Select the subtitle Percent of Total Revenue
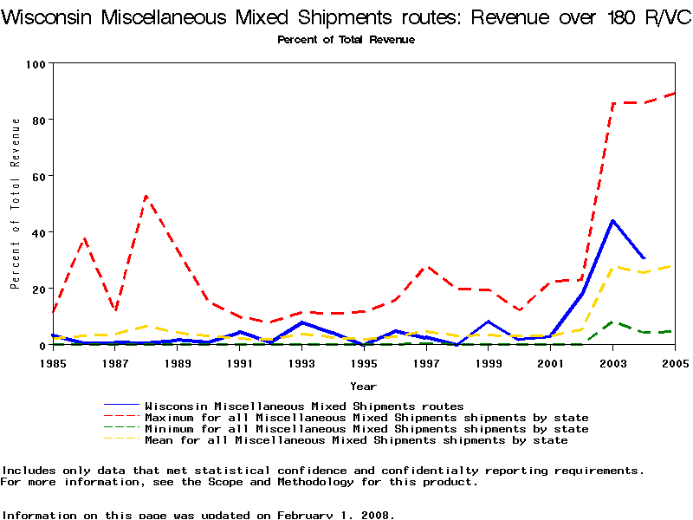click(346, 40)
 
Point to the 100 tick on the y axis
click(36, 63)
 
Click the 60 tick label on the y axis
click(40, 176)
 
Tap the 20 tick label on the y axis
click(40, 289)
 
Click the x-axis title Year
click(363, 386)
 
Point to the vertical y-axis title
click(15, 204)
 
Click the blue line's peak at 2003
click(612, 220)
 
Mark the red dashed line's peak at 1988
click(146, 197)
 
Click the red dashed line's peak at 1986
click(84, 237)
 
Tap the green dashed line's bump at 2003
click(612, 322)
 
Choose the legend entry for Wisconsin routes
click(304, 406)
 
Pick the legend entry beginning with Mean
click(356, 440)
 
